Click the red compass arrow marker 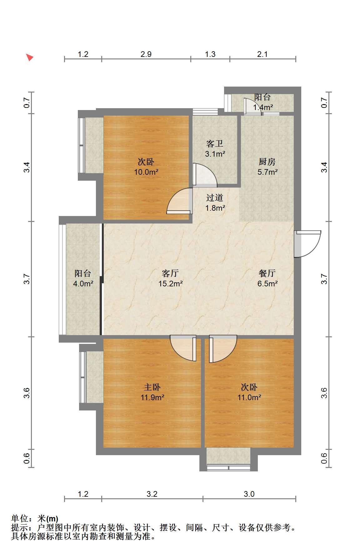(x=29, y=57)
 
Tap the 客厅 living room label (x=170, y=273)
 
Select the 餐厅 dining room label (x=267, y=273)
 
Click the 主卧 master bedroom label (x=152, y=387)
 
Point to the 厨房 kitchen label (x=267, y=162)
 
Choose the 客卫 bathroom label (x=215, y=144)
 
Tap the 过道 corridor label (x=215, y=198)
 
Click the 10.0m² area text (x=146, y=172)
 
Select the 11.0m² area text (x=249, y=398)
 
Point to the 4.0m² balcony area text (x=83, y=284)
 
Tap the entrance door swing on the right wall (x=308, y=244)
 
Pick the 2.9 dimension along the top (x=146, y=54)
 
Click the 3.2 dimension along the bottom (x=152, y=494)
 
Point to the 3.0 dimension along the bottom (x=249, y=494)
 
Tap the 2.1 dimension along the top (x=262, y=54)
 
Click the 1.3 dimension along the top (x=210, y=54)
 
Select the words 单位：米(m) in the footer (x=35, y=519)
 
